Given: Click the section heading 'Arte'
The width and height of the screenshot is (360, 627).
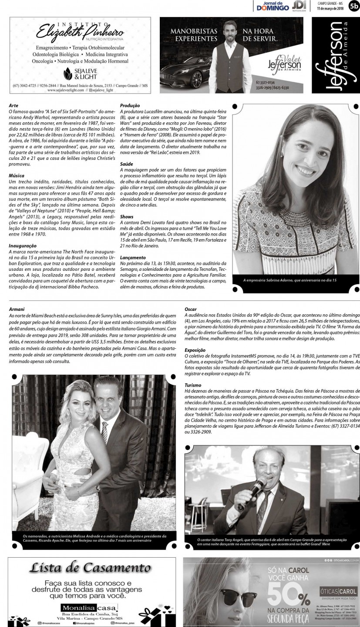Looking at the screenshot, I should (13, 105).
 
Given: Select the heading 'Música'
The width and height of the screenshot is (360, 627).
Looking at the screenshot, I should (16, 175).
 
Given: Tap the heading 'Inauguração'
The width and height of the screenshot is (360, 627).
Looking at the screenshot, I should (22, 246).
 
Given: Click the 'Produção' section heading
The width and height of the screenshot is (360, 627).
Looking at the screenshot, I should (130, 105).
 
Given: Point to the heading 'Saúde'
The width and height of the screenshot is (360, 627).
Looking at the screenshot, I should (127, 163).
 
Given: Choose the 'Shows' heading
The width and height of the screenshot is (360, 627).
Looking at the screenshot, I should (127, 216).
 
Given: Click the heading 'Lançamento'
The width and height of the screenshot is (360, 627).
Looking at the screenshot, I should (133, 257).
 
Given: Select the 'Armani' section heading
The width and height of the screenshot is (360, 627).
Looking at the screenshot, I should (17, 309).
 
